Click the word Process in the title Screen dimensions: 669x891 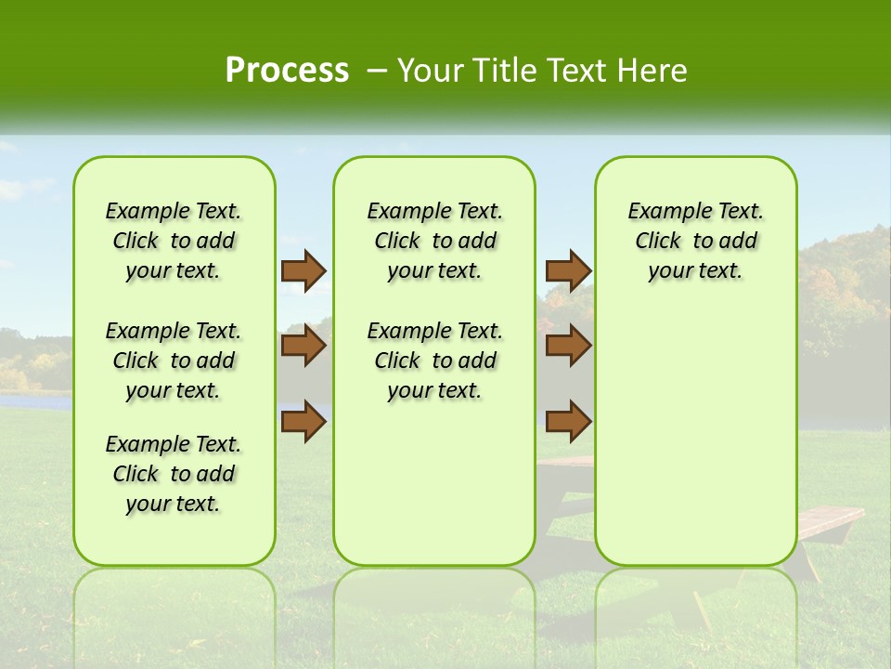[x=287, y=71]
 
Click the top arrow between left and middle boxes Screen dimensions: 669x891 [x=303, y=271]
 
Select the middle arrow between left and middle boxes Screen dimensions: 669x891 [x=303, y=346]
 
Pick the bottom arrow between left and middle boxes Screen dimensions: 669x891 [x=303, y=421]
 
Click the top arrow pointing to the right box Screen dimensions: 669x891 [x=568, y=271]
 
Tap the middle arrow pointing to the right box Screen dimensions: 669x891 [x=568, y=346]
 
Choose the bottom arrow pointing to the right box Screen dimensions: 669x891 [x=568, y=421]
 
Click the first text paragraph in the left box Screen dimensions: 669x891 [x=174, y=241]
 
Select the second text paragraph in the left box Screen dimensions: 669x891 [x=174, y=361]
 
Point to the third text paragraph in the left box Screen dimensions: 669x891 [x=174, y=474]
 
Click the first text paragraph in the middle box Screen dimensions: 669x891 [x=434, y=241]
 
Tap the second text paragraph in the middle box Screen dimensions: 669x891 [x=434, y=361]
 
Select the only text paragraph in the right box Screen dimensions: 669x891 [x=695, y=241]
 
